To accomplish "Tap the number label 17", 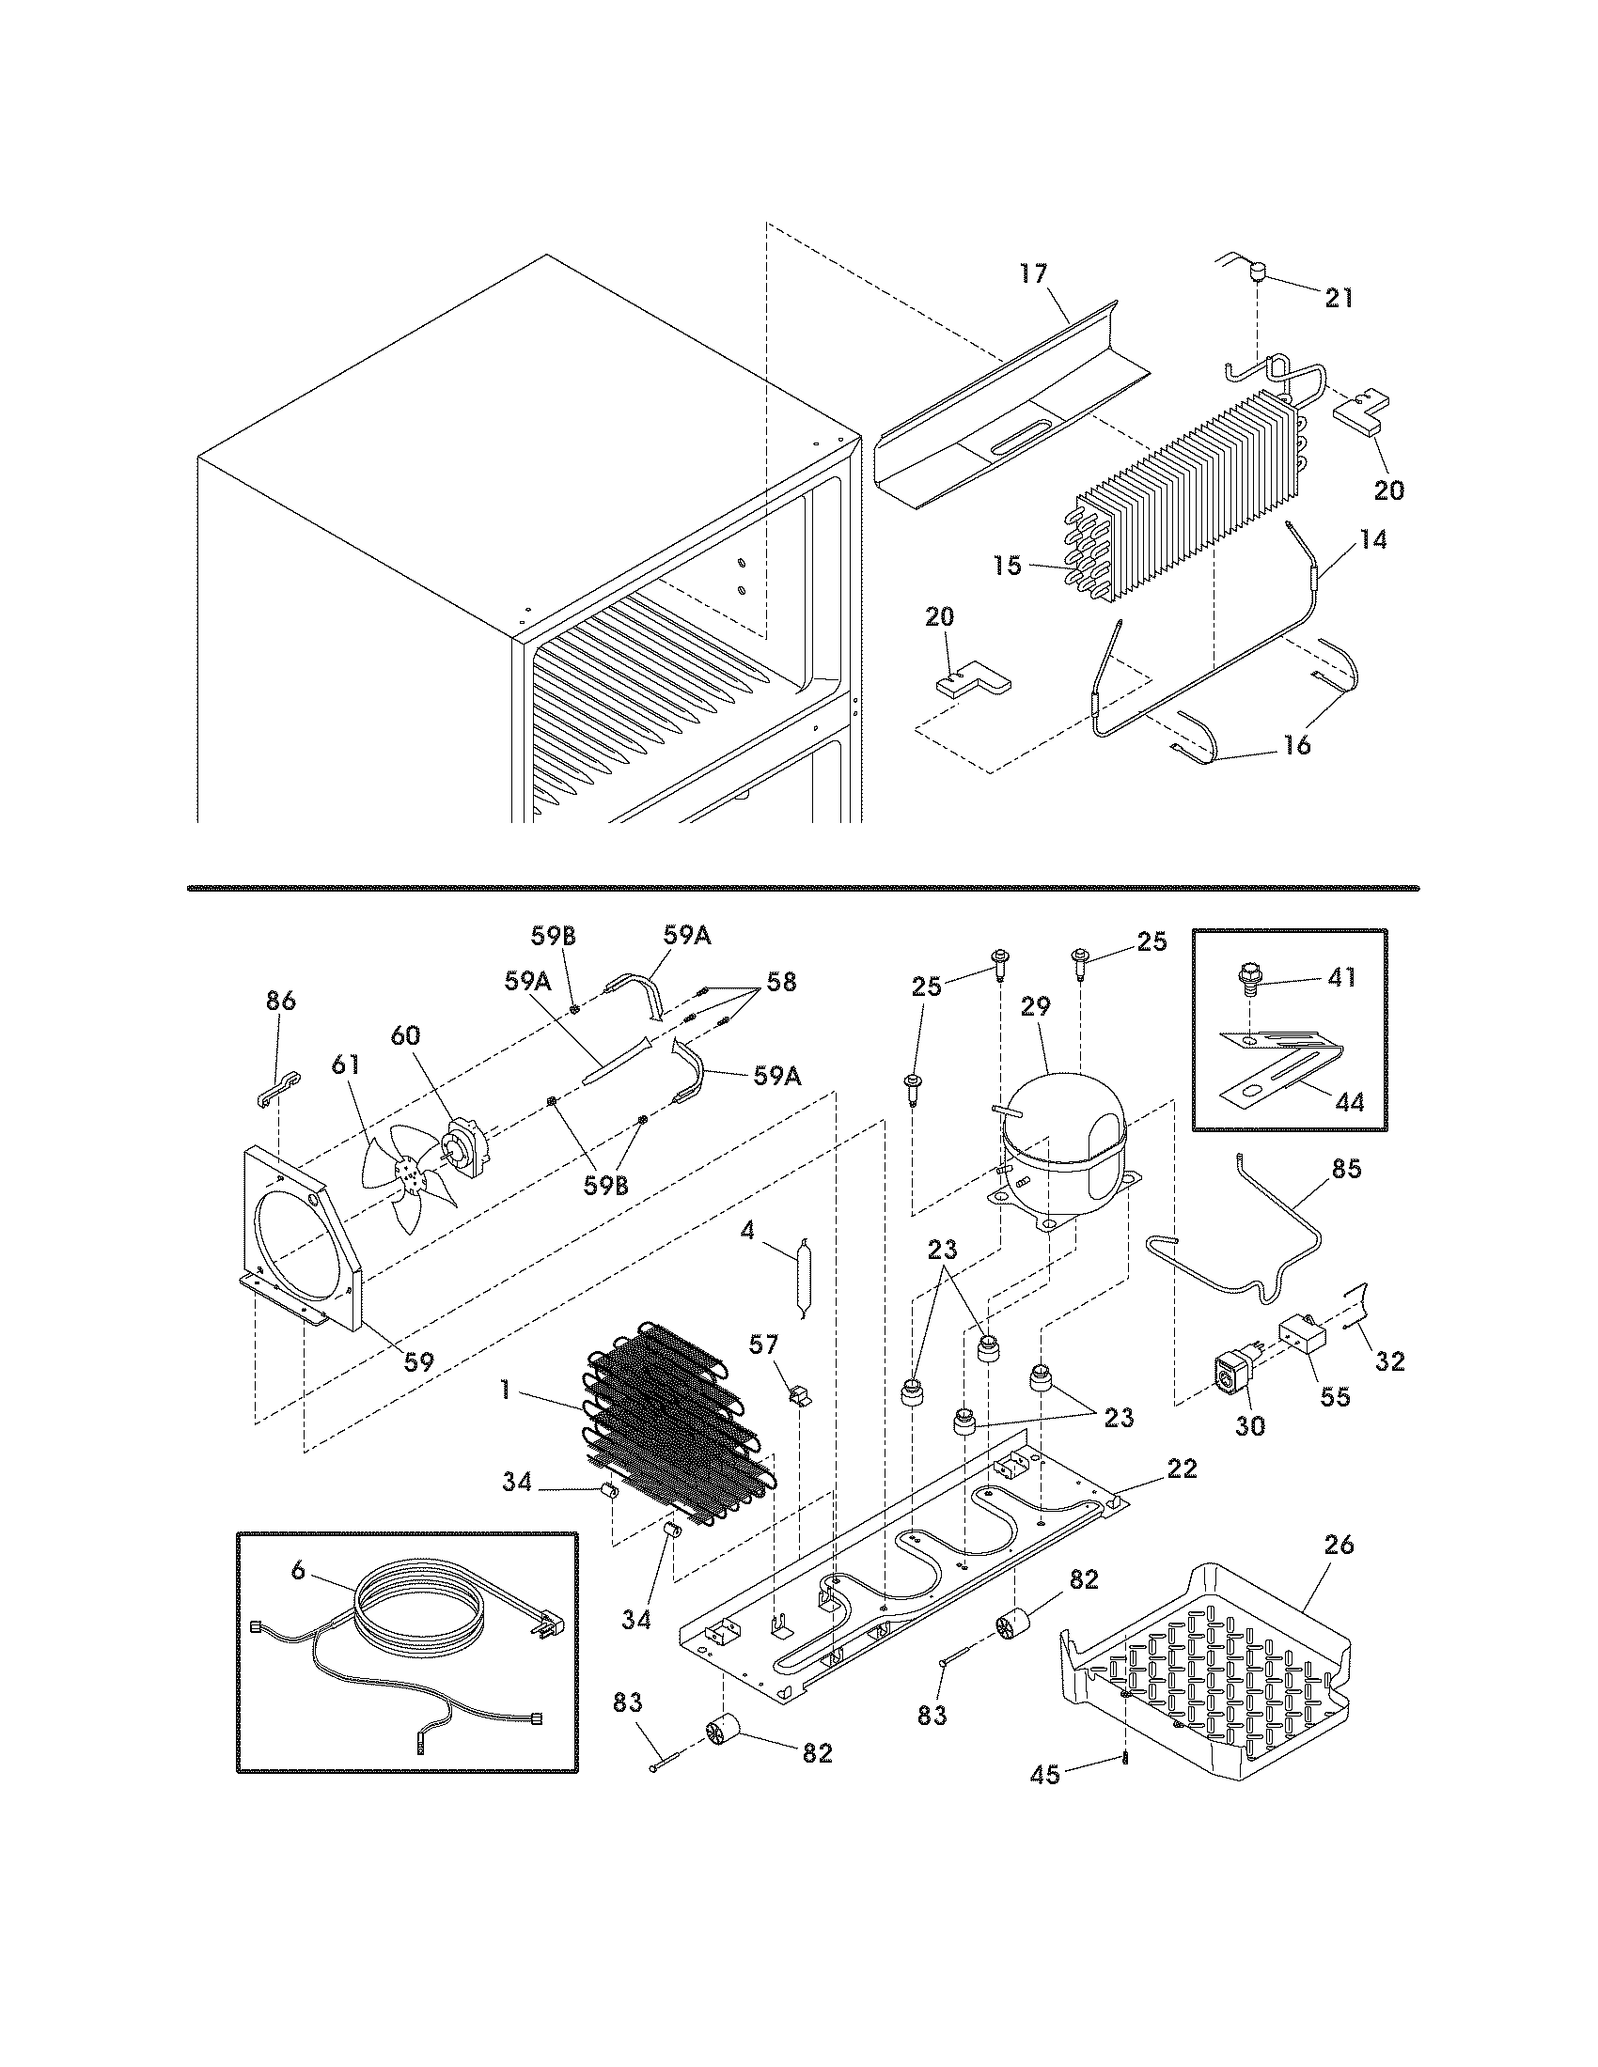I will (1034, 273).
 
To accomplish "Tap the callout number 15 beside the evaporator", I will (1009, 566).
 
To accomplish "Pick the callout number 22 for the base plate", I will (1182, 1468).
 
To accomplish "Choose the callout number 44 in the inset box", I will (1351, 1101).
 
